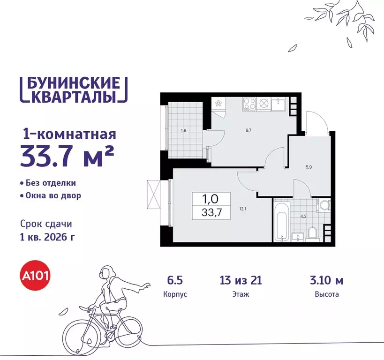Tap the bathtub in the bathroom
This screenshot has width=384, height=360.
281,221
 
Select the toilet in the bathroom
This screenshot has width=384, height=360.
312,233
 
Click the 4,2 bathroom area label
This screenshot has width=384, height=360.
303,217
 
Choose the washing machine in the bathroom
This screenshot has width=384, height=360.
324,205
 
